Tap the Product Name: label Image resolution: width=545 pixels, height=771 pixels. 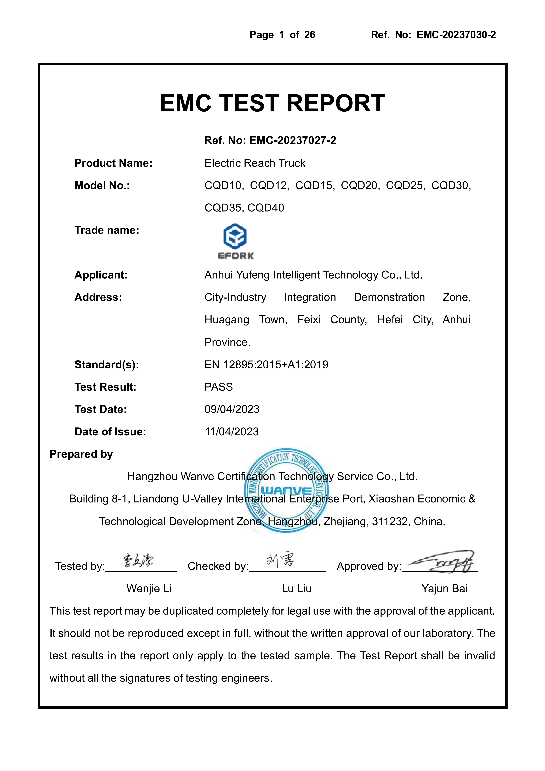(113, 163)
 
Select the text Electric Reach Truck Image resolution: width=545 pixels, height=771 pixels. (255, 163)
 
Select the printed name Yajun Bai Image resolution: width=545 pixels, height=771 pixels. (444, 588)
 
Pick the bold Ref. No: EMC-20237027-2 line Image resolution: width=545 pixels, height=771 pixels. (270, 140)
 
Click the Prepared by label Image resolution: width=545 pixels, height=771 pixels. (81, 454)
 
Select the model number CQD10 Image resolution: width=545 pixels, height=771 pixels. (223, 185)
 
